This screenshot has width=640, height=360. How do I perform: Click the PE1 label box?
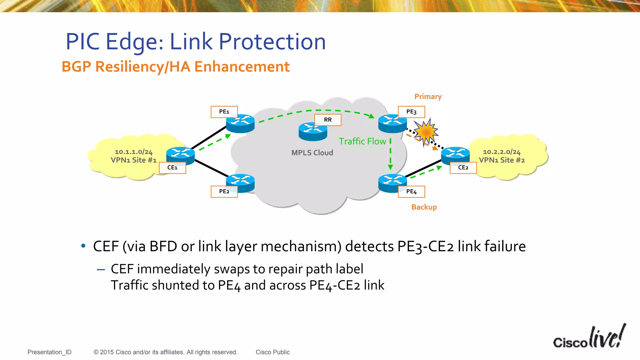[224, 112]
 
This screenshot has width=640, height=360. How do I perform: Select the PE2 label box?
[224, 192]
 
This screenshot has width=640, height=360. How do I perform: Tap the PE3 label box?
[411, 112]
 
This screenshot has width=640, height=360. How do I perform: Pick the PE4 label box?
[411, 192]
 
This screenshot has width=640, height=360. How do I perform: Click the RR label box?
[327, 120]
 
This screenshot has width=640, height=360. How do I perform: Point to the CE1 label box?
[172, 167]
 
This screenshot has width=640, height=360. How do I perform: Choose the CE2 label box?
[463, 167]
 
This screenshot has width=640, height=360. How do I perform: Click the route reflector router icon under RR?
[312, 132]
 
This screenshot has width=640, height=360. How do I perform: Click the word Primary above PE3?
[428, 97]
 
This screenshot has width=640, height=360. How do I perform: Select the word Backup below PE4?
[424, 207]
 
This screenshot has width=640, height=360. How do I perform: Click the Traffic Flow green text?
[362, 141]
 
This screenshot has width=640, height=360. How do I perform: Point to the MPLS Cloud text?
[312, 153]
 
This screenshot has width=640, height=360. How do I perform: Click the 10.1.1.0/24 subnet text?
[133, 152]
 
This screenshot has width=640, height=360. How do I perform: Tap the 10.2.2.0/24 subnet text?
[502, 152]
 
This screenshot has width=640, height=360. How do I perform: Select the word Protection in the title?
[272, 42]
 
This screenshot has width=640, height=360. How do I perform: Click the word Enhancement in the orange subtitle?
[242, 67]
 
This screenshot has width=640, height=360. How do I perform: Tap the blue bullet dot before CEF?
[83, 246]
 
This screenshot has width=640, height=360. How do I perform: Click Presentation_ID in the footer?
[49, 352]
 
